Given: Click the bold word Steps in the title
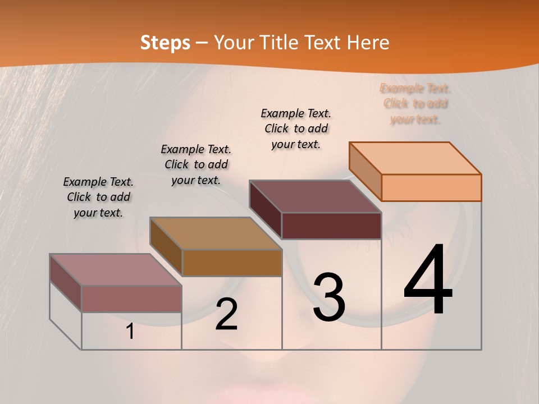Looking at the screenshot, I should pos(165,43).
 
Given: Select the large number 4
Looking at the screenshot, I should pos(428,280).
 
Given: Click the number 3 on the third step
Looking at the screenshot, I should pos(329,297).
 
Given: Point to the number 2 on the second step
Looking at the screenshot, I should pos(226,314).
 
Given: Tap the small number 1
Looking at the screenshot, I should pos(130,332).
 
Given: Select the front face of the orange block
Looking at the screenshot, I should pos(431,187).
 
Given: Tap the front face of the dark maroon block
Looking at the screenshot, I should pos(331,226).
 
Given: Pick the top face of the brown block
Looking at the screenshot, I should pos(216,233).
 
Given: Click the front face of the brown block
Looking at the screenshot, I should pos(231,263).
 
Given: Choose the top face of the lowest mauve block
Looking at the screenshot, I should pos(116,270).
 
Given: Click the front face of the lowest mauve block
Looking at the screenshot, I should pos(131,299).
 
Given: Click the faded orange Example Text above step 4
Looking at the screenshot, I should pos(415,104).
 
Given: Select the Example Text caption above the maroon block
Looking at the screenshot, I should pos(296,128).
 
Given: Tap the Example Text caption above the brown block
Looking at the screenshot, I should pos(196,164).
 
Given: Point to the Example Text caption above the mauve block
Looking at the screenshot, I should pos(98,197).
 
